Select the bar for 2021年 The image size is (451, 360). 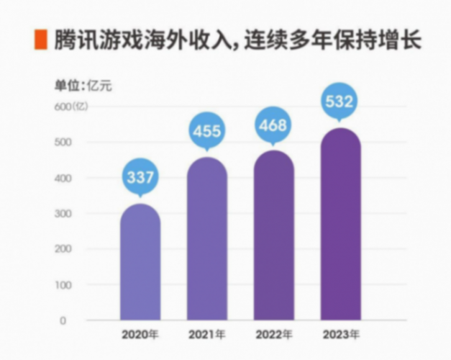tap(207, 239)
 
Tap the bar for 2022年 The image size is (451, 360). tap(274, 235)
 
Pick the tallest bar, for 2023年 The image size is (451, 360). tap(340, 225)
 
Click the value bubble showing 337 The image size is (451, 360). tap(140, 177)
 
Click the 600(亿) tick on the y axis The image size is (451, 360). tap(71, 107)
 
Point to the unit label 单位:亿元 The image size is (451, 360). tap(83, 85)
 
